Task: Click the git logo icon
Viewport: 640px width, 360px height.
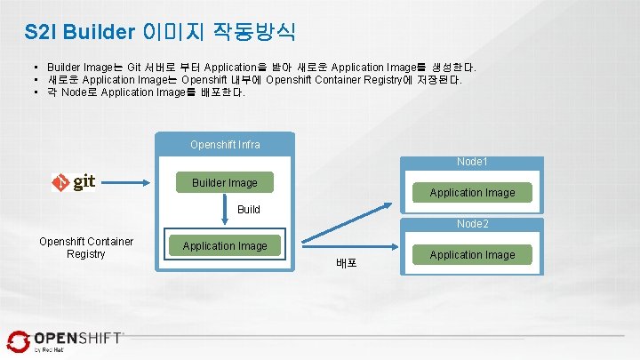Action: (73, 182)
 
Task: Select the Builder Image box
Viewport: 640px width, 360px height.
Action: (225, 183)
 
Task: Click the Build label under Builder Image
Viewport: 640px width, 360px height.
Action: (249, 210)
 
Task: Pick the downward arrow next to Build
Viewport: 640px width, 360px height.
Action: (225, 214)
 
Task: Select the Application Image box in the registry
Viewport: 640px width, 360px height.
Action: (225, 245)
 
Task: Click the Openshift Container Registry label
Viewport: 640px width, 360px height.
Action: (86, 247)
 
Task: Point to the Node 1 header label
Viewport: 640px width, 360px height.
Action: (472, 163)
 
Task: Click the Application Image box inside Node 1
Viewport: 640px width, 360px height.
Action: (472, 192)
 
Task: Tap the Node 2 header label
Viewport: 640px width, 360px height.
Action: (472, 225)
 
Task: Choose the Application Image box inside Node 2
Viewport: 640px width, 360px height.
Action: (472, 254)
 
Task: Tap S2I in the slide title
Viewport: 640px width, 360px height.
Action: (40, 32)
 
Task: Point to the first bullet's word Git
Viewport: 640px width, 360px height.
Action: (133, 68)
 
